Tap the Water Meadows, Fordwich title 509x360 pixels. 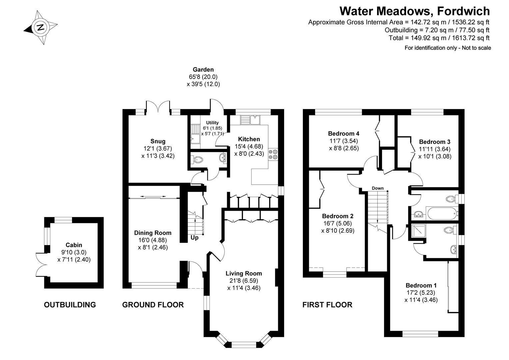coord(414,11)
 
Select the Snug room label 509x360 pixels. coord(158,141)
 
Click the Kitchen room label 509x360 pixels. coord(249,139)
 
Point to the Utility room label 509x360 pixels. coord(212,123)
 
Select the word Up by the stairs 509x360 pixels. coord(195,238)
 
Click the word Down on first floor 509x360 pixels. coord(377,188)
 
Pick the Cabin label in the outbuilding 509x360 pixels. coord(74,245)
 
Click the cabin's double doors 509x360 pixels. coord(41,263)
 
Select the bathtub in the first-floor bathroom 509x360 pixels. coord(442,214)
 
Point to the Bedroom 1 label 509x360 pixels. coord(421,285)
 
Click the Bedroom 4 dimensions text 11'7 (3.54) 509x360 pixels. coord(343,141)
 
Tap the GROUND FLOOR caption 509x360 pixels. coord(153,305)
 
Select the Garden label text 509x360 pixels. coord(203,70)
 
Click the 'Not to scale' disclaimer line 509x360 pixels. coord(447,48)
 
